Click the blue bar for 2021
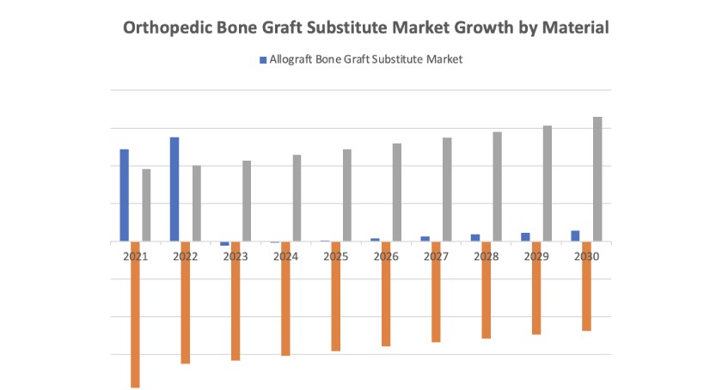[x=124, y=195]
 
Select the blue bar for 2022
[x=174, y=189]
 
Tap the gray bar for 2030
[x=597, y=179]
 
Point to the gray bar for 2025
[x=346, y=195]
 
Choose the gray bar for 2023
[x=247, y=201]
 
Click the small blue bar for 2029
[x=525, y=236]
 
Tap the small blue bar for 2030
[x=575, y=235]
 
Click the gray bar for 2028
[x=497, y=186]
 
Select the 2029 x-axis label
[x=535, y=257]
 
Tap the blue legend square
[x=263, y=59]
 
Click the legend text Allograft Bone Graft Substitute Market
[x=366, y=59]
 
